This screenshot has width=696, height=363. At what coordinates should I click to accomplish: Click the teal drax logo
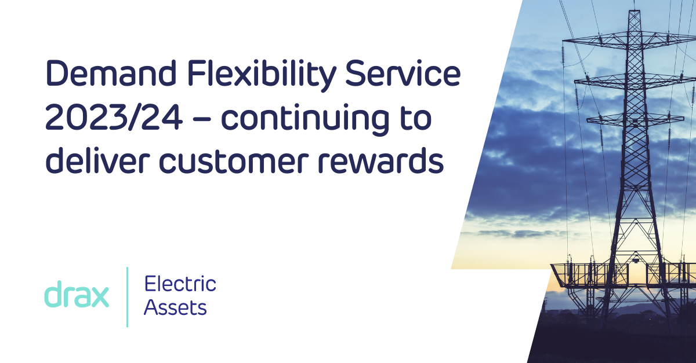(76, 295)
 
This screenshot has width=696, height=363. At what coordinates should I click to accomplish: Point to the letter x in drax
(99, 297)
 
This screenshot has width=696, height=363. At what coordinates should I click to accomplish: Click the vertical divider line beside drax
(127, 297)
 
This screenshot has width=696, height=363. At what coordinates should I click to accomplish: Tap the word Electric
(180, 284)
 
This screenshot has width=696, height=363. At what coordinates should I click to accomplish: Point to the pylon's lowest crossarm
(635, 119)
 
